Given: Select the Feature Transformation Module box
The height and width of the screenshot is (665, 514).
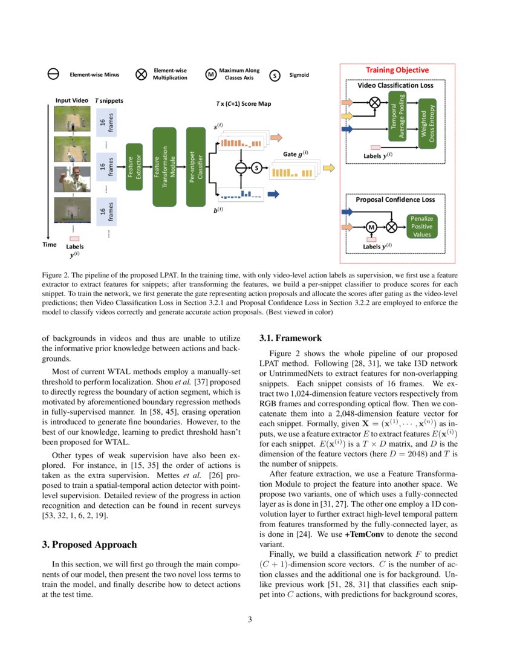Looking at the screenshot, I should point(164,160).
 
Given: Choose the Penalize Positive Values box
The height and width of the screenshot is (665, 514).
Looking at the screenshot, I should point(422,227).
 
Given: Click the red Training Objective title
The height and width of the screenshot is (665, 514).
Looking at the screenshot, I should point(397,70).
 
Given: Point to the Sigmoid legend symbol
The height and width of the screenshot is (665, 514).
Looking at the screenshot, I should point(275,75).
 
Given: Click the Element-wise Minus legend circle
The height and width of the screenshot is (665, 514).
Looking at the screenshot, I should point(53,74).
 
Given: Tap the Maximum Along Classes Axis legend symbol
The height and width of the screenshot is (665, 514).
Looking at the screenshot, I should point(210,74).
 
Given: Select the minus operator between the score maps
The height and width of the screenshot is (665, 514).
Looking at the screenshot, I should point(241,167).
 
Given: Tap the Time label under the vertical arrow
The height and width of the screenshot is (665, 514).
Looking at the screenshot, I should point(50,245).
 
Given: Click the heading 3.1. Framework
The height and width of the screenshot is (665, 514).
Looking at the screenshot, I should point(290,338).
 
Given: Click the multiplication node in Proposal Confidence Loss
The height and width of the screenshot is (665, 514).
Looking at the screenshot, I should point(392,227).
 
